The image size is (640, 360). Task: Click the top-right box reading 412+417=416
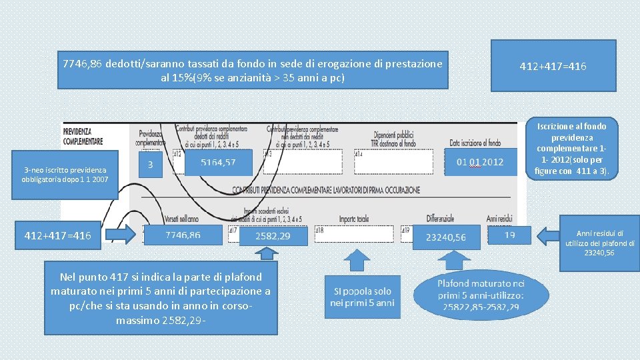(x=553, y=65)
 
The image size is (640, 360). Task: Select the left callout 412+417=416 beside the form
(x=63, y=235)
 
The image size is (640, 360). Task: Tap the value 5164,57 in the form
(x=218, y=163)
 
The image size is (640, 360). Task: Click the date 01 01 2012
(x=479, y=162)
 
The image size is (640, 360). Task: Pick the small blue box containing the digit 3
(x=150, y=164)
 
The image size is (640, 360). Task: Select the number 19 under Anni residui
(x=509, y=235)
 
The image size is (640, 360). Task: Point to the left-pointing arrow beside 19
(x=549, y=235)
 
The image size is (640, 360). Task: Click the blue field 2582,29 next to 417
(x=273, y=236)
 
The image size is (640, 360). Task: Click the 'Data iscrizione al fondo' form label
(x=475, y=143)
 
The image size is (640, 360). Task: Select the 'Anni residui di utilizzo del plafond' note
(x=600, y=243)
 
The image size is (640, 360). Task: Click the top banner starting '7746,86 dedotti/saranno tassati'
(x=253, y=70)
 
